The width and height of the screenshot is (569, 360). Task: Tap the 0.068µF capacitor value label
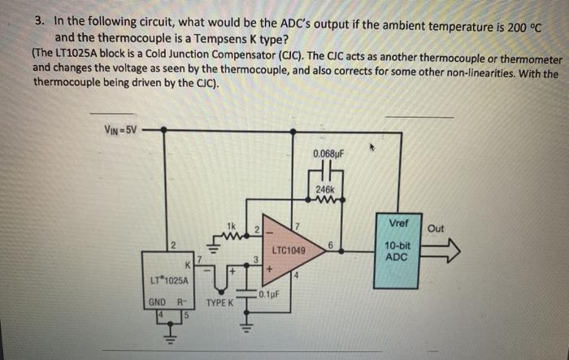click(328, 153)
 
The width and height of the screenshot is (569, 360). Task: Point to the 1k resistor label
click(231, 224)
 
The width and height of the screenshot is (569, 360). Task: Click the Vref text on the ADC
click(399, 223)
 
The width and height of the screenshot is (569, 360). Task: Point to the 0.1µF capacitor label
click(269, 294)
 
